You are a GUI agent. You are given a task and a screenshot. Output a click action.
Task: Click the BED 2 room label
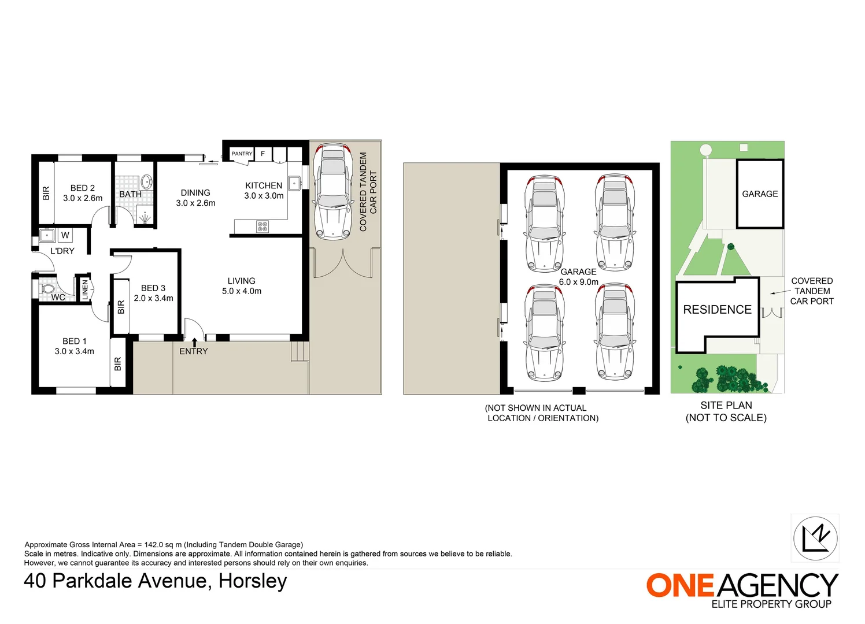[x=83, y=193]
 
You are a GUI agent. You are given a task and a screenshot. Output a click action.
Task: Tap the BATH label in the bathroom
[x=130, y=194]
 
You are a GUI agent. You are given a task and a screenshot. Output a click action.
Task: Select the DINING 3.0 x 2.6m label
[x=195, y=198]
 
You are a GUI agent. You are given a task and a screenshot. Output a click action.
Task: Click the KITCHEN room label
[x=264, y=191]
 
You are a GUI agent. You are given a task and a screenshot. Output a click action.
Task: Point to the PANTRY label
[x=242, y=154]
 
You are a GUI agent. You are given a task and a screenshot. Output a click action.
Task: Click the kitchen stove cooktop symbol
[x=263, y=226]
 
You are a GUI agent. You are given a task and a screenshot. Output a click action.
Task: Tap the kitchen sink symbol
[x=294, y=184]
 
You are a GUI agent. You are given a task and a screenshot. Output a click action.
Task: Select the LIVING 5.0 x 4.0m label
[x=241, y=286]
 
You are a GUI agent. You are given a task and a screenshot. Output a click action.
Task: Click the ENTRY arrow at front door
[x=194, y=342]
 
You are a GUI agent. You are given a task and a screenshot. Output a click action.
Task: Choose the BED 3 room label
[x=153, y=293]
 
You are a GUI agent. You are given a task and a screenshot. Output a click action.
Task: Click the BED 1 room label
[x=74, y=346]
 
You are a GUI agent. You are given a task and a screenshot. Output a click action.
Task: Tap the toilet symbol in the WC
[x=47, y=288]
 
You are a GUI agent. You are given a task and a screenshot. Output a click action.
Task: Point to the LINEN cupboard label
[x=85, y=289]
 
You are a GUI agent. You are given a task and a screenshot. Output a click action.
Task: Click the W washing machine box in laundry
[x=65, y=235]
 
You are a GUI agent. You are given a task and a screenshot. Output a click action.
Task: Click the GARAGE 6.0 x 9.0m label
[x=578, y=277]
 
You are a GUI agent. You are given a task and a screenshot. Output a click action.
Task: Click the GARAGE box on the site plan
[x=760, y=194]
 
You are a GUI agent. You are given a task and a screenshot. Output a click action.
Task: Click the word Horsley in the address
[x=253, y=581]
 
